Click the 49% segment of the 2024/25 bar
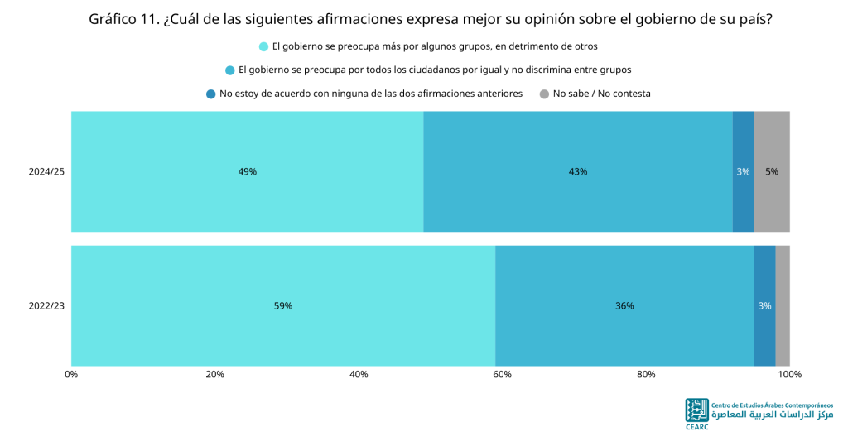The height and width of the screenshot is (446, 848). tap(247, 171)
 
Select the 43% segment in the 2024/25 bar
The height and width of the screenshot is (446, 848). tap(578, 171)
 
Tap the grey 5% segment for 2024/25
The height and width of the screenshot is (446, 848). tap(772, 171)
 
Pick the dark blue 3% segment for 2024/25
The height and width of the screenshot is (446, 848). tap(743, 171)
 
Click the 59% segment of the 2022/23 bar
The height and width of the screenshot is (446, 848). tap(283, 306)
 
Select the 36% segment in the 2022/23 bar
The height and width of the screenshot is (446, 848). tap(624, 306)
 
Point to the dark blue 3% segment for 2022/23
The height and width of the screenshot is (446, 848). tap(764, 306)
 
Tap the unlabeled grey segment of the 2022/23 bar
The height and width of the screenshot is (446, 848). tap(783, 306)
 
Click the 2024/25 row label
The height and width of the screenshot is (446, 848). tap(46, 172)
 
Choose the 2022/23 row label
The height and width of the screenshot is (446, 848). tap(46, 306)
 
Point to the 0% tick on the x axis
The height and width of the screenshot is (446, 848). tap(71, 374)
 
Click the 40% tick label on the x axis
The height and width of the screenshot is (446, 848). tap(359, 374)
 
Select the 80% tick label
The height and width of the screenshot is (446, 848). tap(646, 374)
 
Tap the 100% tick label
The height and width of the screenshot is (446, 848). tap(789, 374)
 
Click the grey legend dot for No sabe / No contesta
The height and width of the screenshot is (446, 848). tap(544, 94)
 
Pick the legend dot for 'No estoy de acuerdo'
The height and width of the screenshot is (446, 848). tap(211, 94)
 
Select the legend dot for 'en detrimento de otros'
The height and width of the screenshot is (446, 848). tap(263, 46)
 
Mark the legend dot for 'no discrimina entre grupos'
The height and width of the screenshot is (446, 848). tap(230, 70)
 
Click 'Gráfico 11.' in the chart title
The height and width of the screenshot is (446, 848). tap(123, 20)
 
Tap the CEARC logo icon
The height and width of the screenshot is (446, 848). tap(696, 410)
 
